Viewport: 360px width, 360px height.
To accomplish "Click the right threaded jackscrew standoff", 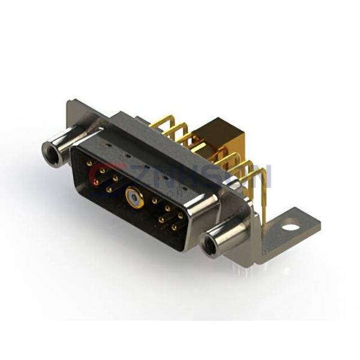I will pyautogui.click(x=225, y=238).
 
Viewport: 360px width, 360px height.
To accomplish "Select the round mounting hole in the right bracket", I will pyautogui.click(x=292, y=227).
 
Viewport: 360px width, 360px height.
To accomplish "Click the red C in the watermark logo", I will pyautogui.click(x=99, y=174).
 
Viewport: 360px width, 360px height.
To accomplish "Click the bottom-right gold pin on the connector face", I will pyautogui.click(x=175, y=227).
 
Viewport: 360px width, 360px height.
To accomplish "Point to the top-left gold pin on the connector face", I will pyautogui.click(x=89, y=163).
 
